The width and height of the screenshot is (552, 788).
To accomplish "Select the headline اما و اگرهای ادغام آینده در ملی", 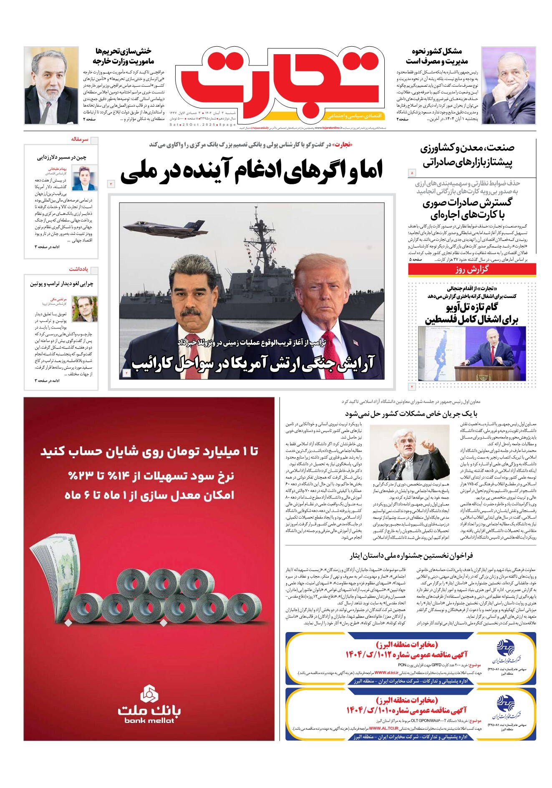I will click(x=251, y=171).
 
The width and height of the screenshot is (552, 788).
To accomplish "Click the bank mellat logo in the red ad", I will click(x=149, y=705).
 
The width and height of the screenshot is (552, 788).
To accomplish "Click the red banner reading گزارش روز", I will click(x=471, y=270).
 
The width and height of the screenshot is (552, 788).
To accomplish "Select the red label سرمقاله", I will click(x=79, y=139).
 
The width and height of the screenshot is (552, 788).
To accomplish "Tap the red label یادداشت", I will click(x=78, y=269).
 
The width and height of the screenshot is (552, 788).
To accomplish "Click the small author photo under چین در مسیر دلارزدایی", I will click(x=85, y=178).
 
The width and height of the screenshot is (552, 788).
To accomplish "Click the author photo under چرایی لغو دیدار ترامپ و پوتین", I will click(x=85, y=309).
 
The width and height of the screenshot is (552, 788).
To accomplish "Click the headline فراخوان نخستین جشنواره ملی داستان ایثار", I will click(x=411, y=555).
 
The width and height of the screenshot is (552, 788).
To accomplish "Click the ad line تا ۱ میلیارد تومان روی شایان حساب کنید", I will click(x=149, y=452).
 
